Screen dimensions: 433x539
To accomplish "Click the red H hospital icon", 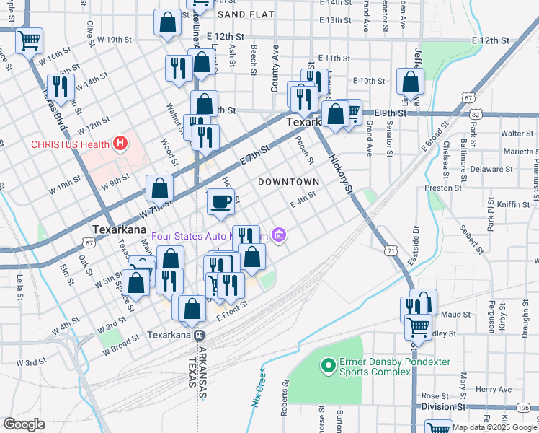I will pos(120,144).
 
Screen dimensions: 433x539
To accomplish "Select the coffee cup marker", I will pos(221,201).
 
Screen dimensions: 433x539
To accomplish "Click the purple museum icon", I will pos(280,236).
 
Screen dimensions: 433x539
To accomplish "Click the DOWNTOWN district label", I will pos(288,182).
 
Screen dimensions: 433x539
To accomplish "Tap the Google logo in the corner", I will pos(24,424).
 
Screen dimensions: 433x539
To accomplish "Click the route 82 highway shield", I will pos(474,114).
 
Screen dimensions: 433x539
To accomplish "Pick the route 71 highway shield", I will pos(390,250).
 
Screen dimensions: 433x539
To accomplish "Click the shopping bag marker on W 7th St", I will pos(159,189).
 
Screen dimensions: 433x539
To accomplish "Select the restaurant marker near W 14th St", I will pos(61,87).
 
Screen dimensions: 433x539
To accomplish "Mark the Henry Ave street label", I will pos(494,389).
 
